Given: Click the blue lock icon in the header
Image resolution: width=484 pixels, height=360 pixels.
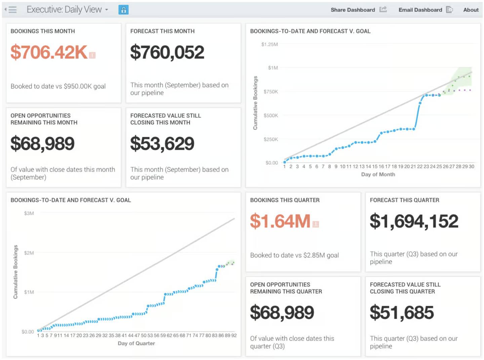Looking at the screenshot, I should [123, 10].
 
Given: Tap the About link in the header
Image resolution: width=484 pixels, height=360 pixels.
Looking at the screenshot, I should [471, 10].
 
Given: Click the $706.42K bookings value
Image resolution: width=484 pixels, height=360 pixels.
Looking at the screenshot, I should [49, 52].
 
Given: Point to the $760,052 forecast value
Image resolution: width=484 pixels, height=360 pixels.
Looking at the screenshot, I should [167, 52].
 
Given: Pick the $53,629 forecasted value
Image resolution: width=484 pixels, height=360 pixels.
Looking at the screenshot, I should [162, 144].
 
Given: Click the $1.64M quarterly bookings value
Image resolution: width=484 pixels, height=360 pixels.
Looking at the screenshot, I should [280, 221].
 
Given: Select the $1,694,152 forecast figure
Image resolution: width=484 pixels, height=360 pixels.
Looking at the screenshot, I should [414, 221].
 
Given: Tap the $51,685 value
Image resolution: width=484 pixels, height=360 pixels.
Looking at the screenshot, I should [402, 313].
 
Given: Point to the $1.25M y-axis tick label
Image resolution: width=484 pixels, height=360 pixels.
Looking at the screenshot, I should [270, 44].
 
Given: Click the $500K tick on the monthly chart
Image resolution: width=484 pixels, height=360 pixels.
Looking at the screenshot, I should [271, 115].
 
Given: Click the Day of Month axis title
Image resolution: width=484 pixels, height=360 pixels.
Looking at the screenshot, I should [378, 174].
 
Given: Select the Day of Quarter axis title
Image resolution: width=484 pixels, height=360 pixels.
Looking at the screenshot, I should [136, 343].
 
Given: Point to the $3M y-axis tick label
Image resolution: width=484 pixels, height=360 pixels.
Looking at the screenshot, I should [29, 213].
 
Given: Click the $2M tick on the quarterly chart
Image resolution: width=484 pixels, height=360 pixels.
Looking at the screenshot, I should [29, 253].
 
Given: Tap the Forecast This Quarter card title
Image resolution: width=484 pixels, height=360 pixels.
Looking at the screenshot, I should [404, 200].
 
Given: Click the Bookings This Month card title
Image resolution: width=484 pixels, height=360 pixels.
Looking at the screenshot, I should [43, 31].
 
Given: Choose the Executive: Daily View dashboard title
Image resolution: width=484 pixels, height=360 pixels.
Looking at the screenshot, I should [64, 10].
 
